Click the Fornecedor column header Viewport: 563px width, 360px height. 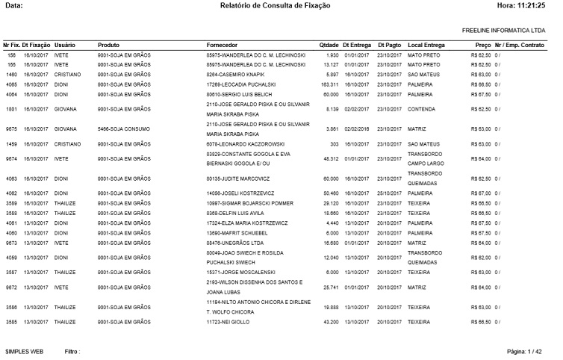(x=223, y=45)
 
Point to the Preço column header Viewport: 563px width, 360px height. (x=482, y=45)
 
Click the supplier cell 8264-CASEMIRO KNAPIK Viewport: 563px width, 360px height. (x=234, y=75)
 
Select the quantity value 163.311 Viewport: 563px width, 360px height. (x=329, y=84)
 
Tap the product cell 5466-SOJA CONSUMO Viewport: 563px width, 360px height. (x=125, y=128)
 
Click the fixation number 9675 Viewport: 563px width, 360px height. (x=11, y=128)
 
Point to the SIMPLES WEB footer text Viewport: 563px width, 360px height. (x=25, y=350)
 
